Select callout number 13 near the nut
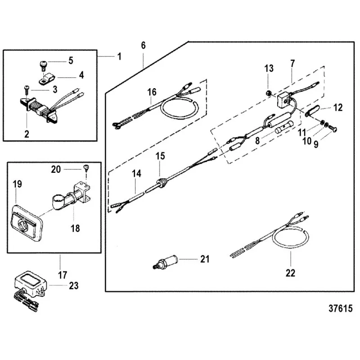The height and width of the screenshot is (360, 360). tap(269, 68)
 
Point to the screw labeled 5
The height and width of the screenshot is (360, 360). tap(45, 62)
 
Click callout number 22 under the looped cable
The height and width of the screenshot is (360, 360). tap(291, 273)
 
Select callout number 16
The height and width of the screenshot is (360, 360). tap(152, 92)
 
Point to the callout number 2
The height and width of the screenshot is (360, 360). tap(27, 133)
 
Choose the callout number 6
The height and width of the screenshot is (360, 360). tap(143, 45)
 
